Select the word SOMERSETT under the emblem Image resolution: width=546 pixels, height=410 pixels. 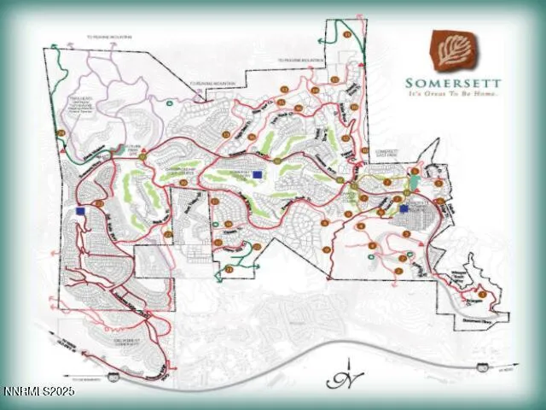point(452,83)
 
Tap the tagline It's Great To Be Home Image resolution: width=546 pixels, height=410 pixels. point(452,93)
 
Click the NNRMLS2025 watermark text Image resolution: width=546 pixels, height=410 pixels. point(38,391)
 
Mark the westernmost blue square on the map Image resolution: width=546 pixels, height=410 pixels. point(80,210)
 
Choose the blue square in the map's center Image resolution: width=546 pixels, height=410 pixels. point(258,174)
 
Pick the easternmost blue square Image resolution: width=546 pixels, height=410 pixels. point(404,208)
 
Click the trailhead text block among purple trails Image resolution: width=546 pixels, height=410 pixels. point(83,106)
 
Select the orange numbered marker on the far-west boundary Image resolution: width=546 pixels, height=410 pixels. point(61,134)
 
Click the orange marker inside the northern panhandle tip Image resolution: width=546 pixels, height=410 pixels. point(347,34)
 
